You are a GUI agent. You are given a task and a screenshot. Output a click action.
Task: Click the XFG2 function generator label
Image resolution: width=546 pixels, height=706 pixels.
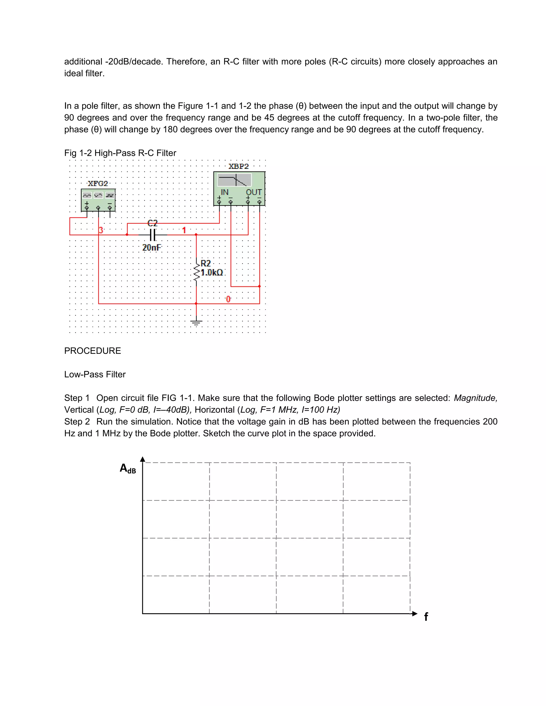click(98, 184)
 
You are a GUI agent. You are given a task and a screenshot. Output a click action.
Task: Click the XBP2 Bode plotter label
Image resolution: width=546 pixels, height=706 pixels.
click(239, 167)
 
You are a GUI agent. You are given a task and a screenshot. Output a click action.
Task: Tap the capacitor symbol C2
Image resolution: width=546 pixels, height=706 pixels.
click(153, 235)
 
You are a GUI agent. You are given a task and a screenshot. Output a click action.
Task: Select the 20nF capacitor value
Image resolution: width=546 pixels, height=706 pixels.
click(152, 247)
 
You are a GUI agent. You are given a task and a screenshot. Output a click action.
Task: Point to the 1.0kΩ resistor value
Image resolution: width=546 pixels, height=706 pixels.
click(212, 273)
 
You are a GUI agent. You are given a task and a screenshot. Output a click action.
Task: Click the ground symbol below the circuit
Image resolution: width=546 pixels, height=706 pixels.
click(196, 322)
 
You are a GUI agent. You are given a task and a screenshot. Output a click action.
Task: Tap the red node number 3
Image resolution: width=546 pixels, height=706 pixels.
click(101, 230)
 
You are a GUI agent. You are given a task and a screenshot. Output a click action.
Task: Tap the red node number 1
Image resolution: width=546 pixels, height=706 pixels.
click(184, 230)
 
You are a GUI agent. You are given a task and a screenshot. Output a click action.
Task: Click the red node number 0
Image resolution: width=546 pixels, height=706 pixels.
click(228, 299)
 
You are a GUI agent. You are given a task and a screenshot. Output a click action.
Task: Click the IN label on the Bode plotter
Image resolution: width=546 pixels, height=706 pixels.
click(224, 192)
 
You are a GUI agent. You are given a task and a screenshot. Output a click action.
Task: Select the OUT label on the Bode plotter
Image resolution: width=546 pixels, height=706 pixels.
click(254, 192)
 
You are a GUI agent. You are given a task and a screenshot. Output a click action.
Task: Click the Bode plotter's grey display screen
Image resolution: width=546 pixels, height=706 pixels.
click(234, 180)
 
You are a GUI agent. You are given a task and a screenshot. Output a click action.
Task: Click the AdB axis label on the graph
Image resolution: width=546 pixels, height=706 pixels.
click(128, 468)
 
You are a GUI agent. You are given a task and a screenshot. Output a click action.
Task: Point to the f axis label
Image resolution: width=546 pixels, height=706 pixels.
click(426, 617)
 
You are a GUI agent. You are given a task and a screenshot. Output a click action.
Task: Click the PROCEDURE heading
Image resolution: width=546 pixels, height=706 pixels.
click(93, 351)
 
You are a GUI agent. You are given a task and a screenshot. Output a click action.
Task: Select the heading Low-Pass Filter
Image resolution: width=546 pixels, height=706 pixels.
click(95, 374)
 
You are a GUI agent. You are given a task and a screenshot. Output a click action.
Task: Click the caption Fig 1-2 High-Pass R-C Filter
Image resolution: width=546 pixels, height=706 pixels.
click(120, 153)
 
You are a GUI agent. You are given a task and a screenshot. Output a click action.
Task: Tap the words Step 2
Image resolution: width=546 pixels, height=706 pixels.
click(77, 421)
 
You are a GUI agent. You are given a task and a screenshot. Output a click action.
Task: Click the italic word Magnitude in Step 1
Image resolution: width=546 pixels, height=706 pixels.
click(475, 398)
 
